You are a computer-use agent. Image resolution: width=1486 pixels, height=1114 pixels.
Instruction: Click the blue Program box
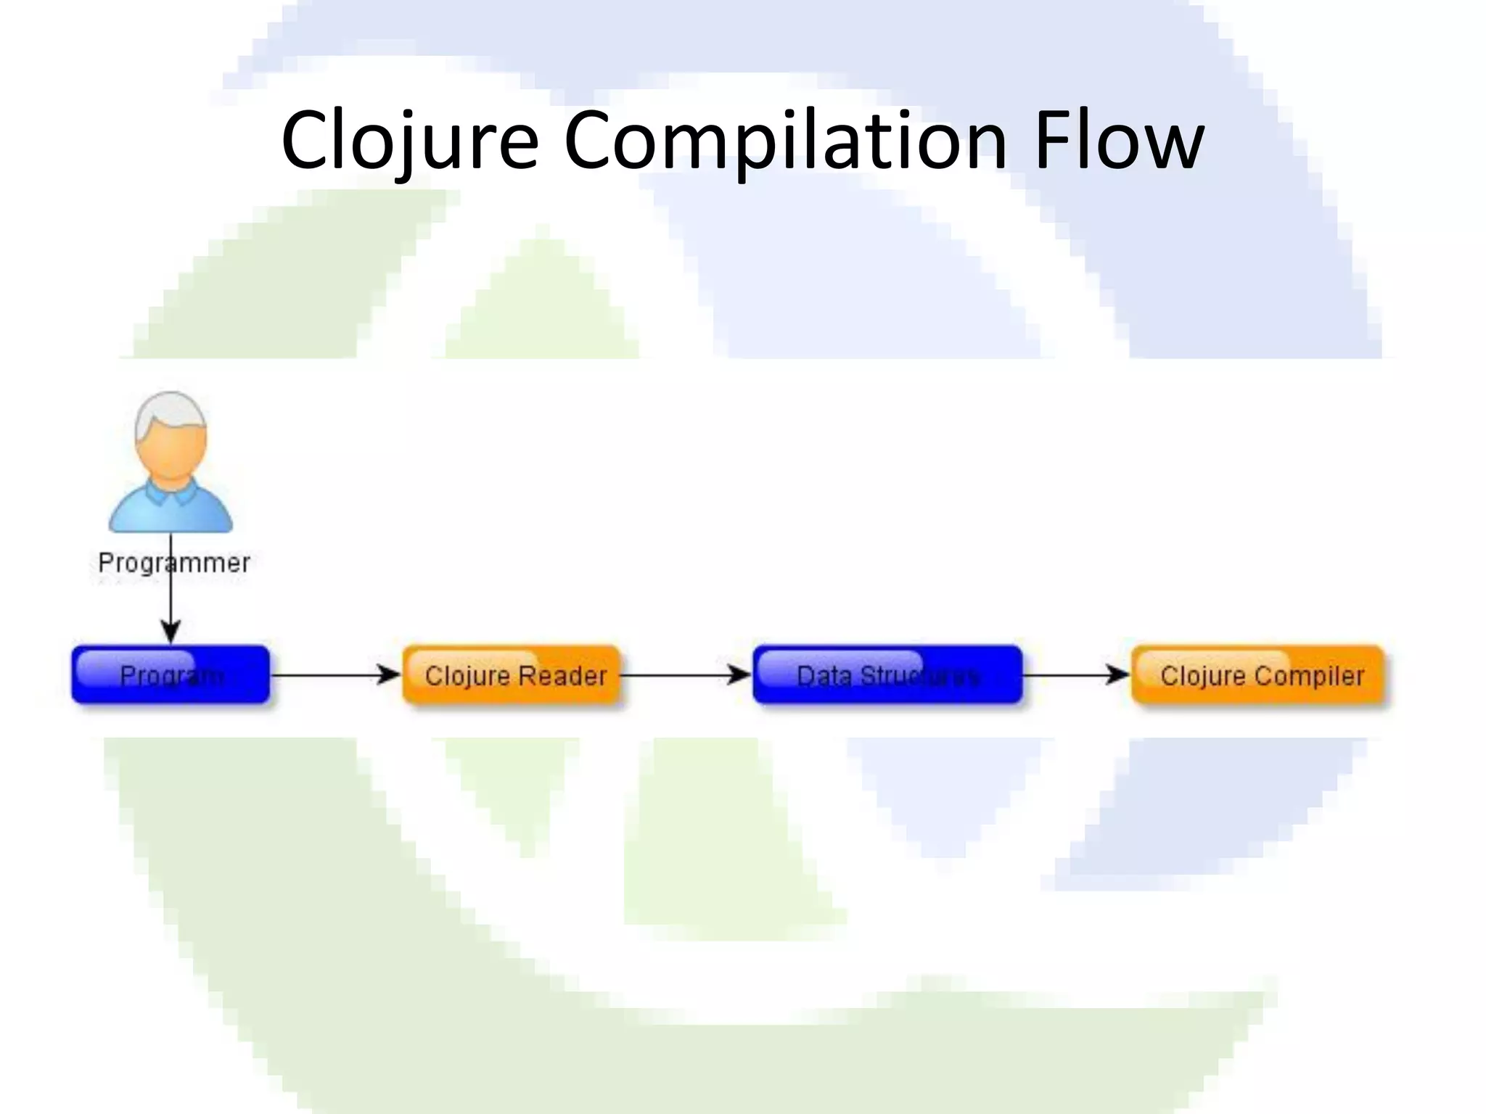click(x=171, y=674)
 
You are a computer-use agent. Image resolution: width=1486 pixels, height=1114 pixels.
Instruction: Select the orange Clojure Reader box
click(x=512, y=674)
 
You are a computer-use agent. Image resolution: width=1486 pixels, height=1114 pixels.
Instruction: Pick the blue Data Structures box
click(x=887, y=674)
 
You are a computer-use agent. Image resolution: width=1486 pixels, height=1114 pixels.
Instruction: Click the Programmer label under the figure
click(x=174, y=563)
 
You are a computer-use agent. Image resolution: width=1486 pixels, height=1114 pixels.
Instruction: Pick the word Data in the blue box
click(x=824, y=676)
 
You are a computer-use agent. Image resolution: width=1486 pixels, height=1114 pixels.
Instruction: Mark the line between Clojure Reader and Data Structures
click(x=675, y=675)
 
